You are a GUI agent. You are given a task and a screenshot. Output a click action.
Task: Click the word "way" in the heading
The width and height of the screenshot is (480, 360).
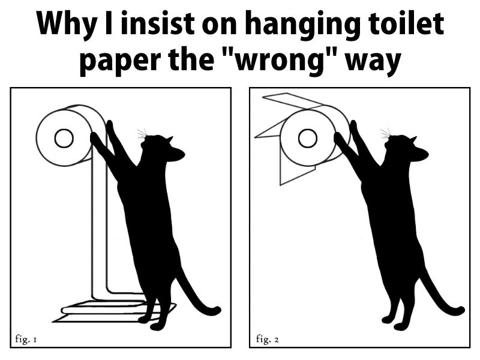[373, 63]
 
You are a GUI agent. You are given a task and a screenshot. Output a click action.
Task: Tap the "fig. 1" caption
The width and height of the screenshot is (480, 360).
[26, 339]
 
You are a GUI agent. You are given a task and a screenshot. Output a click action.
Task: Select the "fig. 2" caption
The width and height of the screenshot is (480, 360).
[267, 339]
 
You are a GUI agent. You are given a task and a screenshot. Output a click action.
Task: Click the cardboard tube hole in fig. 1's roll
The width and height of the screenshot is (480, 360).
[64, 139]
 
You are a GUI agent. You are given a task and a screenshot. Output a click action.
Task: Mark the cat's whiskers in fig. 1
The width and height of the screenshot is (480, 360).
[142, 133]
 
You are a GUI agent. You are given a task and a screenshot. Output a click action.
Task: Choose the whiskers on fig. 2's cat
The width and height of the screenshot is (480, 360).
[386, 133]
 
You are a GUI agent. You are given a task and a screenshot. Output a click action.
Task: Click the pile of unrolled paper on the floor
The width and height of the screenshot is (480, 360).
[113, 311]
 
